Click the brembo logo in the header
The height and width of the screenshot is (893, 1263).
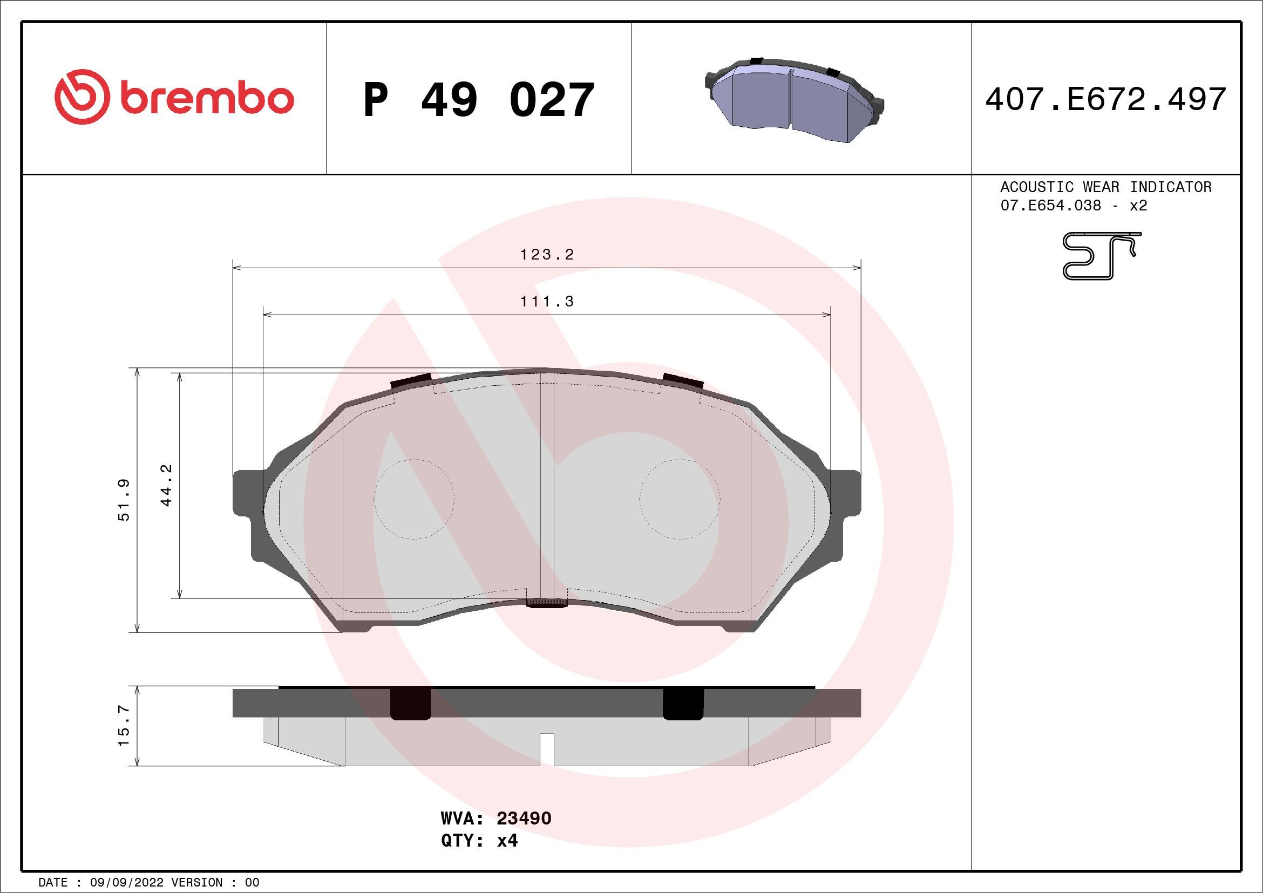174,97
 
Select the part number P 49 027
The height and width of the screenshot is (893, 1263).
479,100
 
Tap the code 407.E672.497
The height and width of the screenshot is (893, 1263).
1106,100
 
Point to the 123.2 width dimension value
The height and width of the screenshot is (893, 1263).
547,255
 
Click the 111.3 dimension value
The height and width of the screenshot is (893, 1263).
547,301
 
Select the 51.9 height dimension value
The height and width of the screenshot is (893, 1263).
124,499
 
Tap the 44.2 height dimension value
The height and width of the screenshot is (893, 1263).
167,485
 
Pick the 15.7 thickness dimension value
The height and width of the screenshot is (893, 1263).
124,725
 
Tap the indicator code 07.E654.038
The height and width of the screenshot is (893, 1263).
1050,206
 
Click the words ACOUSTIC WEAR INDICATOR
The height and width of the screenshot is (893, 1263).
1106,187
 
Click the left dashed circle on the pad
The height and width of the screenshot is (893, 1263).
414,499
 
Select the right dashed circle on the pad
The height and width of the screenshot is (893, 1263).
680,499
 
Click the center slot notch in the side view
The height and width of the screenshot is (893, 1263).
546,749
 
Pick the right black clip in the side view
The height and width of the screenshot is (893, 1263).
683,704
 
